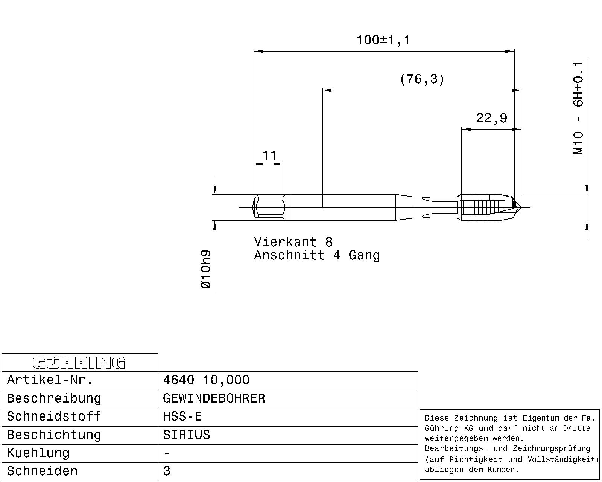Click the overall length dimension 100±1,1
383,40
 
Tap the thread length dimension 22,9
491,118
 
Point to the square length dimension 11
269,156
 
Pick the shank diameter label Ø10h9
206,269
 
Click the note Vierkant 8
293,242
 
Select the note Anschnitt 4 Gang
317,255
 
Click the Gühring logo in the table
79,363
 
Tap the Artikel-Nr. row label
50,380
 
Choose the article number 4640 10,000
206,380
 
